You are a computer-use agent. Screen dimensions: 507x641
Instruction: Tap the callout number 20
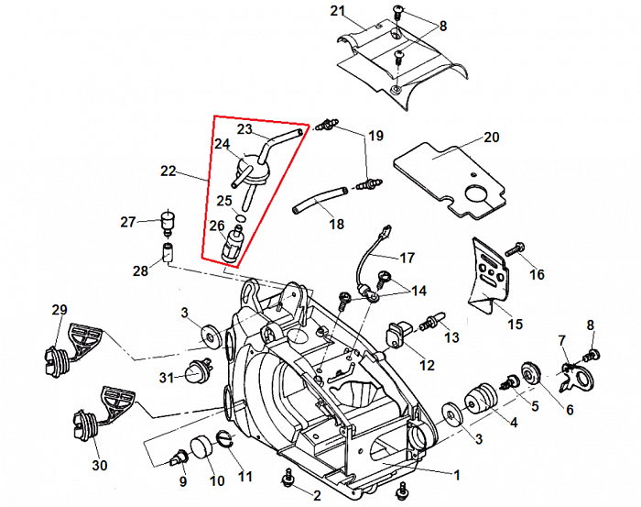tap(492, 138)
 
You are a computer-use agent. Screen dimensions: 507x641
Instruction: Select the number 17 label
tap(407, 258)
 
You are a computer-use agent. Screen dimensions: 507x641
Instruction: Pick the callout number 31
tap(165, 379)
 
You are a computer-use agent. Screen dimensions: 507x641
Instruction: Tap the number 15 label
tap(516, 324)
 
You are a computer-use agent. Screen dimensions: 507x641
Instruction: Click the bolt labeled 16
tap(516, 248)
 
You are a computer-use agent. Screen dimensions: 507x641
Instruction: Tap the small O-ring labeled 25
tap(240, 217)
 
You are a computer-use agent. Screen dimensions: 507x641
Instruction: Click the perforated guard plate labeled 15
tap(487, 274)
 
